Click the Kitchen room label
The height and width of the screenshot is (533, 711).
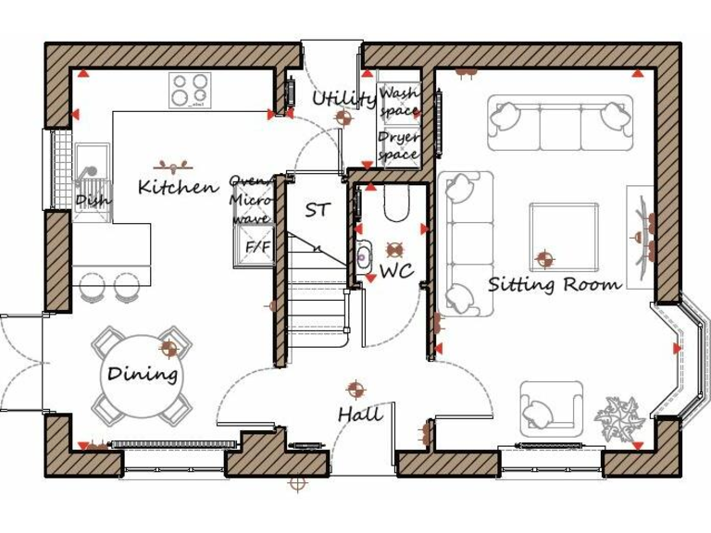pos(179,188)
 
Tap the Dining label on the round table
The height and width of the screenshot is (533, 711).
pos(142,375)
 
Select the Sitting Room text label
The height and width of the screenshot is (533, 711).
pos(555,284)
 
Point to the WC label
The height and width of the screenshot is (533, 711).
pos(396,271)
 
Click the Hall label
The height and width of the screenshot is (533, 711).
pos(359,415)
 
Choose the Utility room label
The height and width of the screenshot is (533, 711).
pos(343,99)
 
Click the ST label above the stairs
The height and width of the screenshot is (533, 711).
pos(317,211)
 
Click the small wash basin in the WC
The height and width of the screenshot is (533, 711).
pos(363,254)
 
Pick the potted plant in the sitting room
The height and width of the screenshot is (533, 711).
pos(618,417)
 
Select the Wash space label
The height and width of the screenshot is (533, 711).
pos(399,102)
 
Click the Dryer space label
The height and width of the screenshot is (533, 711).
pos(399,146)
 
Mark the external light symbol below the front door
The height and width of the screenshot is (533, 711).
pos(297,482)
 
